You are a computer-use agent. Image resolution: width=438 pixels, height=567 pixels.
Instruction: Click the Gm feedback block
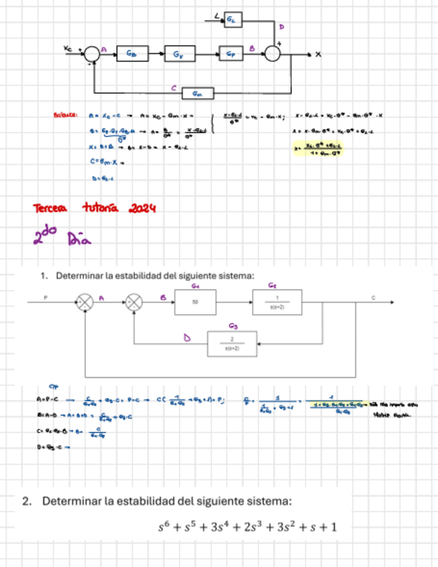click(198, 92)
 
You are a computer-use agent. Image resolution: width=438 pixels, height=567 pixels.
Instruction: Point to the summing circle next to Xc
click(92, 53)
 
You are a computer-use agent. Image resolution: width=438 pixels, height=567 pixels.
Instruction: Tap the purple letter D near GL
click(281, 27)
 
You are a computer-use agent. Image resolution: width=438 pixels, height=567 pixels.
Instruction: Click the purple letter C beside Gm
click(173, 87)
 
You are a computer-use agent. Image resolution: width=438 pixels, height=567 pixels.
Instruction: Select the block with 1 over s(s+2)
click(277, 302)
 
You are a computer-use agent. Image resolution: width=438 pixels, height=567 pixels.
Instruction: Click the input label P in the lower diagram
click(45, 294)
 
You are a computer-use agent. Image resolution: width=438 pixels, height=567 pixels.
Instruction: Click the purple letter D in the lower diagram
click(188, 338)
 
